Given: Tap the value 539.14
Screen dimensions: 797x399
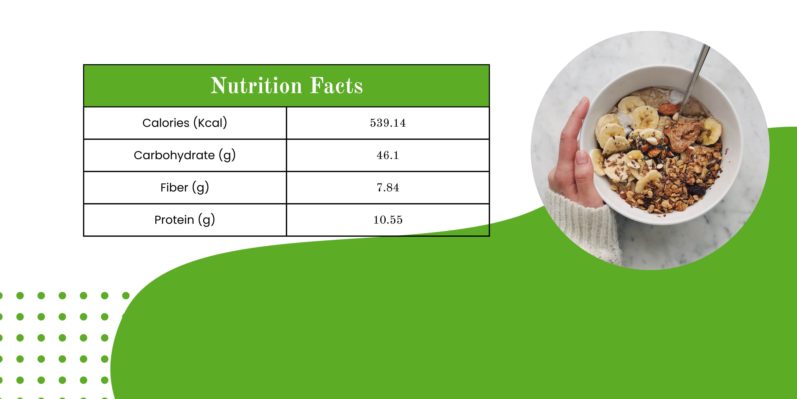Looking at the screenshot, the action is tap(388, 123).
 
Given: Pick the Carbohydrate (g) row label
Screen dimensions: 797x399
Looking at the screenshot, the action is tap(185, 155).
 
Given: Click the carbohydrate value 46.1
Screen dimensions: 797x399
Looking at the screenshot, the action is tap(388, 155).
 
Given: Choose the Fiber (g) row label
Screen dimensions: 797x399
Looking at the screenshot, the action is tap(185, 187).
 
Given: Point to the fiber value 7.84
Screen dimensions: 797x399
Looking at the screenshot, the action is tap(388, 187).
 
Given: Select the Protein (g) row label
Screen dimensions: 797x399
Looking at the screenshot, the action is tap(185, 220).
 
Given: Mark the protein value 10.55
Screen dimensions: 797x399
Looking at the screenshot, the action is tap(388, 220).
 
